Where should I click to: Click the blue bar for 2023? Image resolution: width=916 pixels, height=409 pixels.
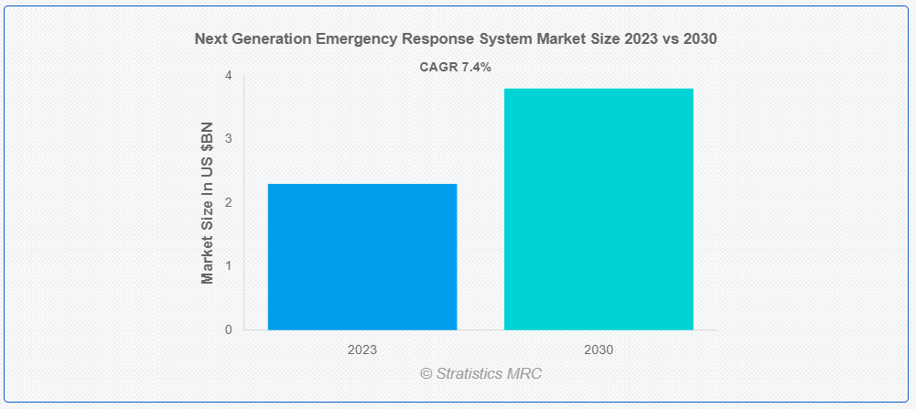tap(362, 256)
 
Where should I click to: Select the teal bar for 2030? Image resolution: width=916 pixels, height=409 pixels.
tap(598, 209)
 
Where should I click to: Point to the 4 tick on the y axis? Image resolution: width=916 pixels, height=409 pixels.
tap(228, 76)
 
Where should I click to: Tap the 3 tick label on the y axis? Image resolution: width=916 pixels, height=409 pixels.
tap(228, 139)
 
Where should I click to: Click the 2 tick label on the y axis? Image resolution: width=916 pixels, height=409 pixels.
tap(228, 202)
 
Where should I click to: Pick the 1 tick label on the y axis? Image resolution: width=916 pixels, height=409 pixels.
tap(228, 265)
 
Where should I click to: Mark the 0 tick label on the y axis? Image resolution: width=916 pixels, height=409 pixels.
tap(228, 329)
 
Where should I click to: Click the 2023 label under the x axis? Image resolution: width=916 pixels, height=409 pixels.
tap(362, 350)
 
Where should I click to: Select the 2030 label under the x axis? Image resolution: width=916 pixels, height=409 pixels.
tap(598, 350)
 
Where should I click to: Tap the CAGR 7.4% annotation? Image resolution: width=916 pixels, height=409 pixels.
tap(455, 67)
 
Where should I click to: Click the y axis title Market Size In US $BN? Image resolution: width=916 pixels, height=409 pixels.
tap(208, 202)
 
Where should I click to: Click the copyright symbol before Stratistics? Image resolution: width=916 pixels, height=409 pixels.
tap(426, 373)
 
